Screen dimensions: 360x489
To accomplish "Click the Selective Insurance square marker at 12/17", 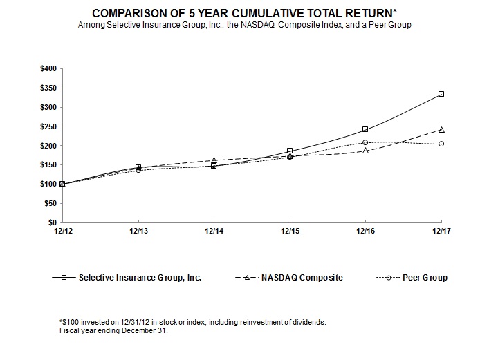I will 441,94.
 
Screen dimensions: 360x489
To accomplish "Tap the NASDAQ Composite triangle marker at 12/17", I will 441,130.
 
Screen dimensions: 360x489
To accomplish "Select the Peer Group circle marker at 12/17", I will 441,144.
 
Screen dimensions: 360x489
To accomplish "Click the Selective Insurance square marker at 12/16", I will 365,129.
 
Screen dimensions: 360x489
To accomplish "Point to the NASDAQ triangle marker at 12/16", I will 365,151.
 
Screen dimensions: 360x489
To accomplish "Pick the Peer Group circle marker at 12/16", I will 365,142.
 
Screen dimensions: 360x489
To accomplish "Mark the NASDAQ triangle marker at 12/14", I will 214,160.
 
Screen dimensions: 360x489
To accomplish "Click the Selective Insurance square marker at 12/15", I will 290,151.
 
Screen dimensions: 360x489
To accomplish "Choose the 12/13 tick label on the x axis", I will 138,232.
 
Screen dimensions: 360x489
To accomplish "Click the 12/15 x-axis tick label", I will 290,232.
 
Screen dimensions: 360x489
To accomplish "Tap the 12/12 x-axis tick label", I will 63,232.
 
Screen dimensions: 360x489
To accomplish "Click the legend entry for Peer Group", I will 425,278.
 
